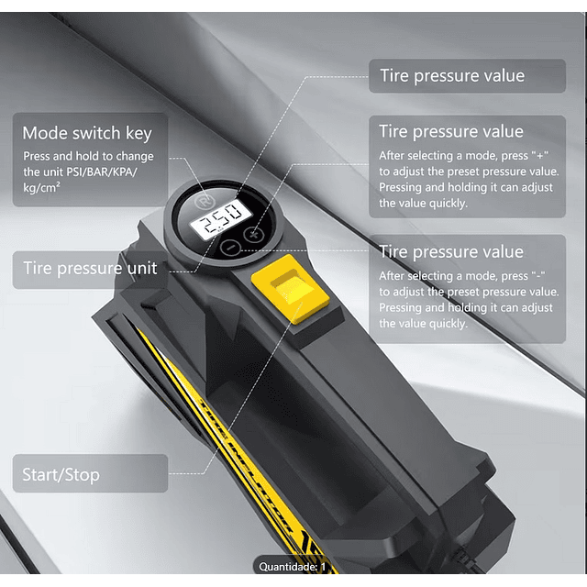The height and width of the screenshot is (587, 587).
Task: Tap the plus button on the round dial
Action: click(253, 235)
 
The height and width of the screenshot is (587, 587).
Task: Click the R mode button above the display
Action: click(204, 203)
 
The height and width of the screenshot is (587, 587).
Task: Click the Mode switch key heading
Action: click(87, 133)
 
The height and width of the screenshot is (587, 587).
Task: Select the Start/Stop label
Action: click(61, 475)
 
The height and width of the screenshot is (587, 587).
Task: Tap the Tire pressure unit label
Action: click(90, 268)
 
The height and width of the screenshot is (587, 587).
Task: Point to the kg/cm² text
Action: click(41, 187)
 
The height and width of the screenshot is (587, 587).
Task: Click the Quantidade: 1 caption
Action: click(293, 567)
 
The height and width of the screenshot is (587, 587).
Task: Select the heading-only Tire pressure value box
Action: click(467, 75)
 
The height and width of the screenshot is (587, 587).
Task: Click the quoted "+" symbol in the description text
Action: click(540, 155)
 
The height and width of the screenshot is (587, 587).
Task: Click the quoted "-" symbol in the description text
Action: click(538, 275)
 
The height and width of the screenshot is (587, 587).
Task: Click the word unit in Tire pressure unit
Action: click(142, 268)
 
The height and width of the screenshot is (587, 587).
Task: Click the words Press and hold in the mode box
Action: click(61, 156)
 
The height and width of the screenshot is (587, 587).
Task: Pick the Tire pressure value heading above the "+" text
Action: click(451, 132)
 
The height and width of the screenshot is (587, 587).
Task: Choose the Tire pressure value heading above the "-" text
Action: click(451, 251)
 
